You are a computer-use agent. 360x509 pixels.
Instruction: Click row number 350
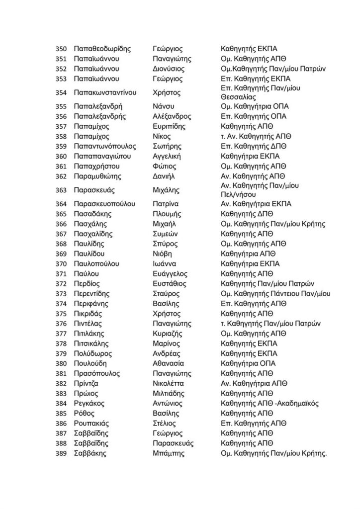[61, 49]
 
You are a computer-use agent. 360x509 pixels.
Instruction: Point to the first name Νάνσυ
[163, 106]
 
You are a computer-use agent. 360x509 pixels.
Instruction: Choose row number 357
[61, 126]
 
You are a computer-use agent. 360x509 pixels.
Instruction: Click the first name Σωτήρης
[167, 146]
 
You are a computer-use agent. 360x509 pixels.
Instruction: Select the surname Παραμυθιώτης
[99, 176]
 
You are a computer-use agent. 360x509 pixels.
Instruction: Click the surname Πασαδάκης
[93, 214]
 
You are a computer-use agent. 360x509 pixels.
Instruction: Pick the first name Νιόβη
[162, 254]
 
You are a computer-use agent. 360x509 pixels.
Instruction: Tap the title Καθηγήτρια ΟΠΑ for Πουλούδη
[248, 363]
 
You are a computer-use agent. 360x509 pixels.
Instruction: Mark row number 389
[61, 453]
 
